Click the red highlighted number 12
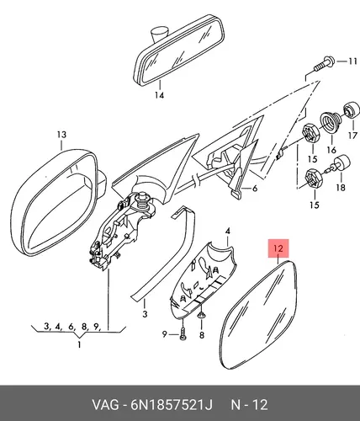(x=278, y=248)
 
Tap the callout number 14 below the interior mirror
(x=159, y=95)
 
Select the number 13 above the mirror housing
(x=61, y=135)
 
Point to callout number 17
(x=353, y=136)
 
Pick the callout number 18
(x=341, y=187)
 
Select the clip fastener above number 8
(x=201, y=316)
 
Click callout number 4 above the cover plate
(x=228, y=232)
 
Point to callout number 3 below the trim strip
(x=145, y=313)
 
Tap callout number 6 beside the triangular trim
(x=255, y=189)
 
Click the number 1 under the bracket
(x=79, y=344)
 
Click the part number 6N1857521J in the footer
(x=172, y=405)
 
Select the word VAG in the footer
(x=105, y=405)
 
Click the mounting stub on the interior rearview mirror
(x=159, y=34)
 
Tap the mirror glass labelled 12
(x=258, y=314)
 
